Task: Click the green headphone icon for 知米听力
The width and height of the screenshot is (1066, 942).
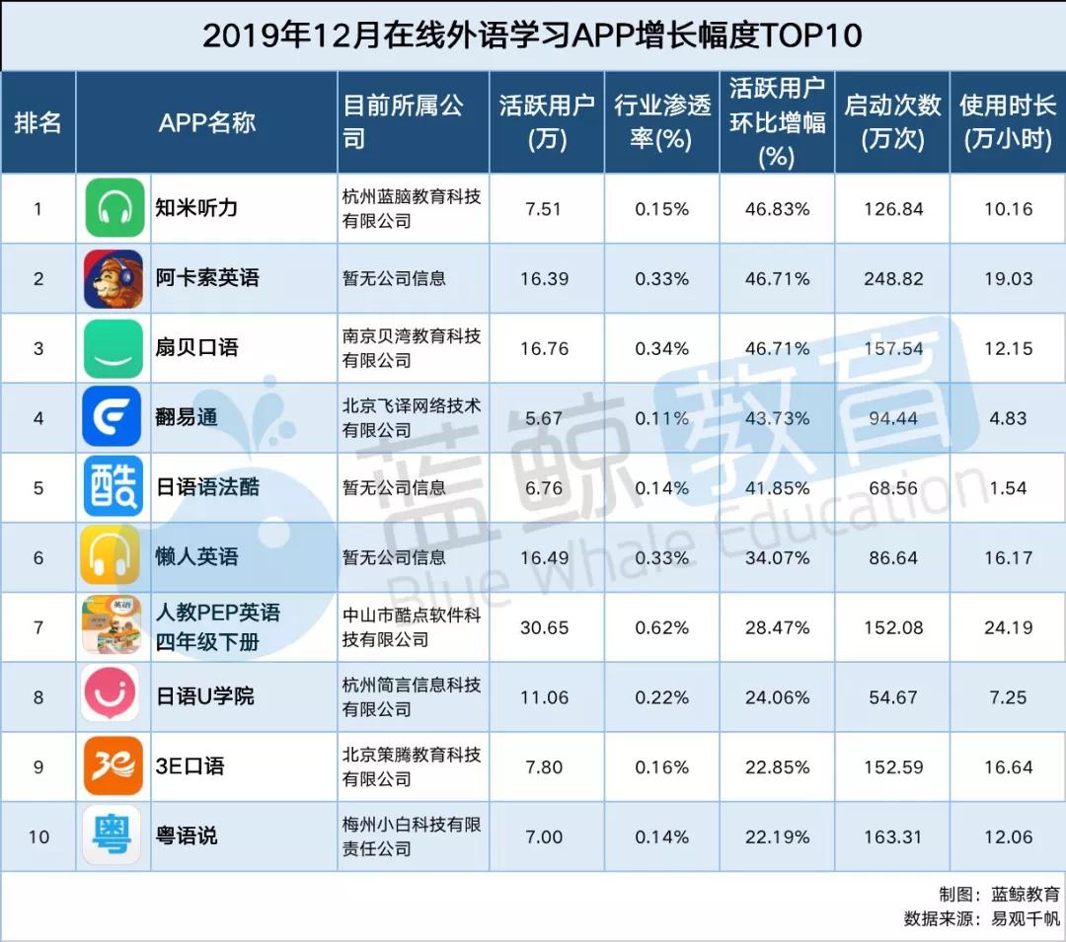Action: click(114, 208)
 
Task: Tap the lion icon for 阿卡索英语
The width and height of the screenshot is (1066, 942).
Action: click(114, 278)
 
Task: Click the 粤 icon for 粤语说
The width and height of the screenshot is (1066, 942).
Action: click(113, 835)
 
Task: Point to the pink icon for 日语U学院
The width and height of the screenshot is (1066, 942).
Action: click(113, 695)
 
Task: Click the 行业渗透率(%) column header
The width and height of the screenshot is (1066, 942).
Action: click(661, 122)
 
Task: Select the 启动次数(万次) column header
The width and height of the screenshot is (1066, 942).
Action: click(892, 122)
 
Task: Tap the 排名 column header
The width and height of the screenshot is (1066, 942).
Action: click(38, 122)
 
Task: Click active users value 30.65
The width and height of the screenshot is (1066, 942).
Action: click(544, 627)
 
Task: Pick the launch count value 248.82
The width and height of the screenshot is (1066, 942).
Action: click(892, 279)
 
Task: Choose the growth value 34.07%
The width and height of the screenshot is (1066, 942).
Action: click(777, 558)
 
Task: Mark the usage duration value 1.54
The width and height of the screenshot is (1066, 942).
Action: click(1008, 488)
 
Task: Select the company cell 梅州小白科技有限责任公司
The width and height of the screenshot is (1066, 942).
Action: click(412, 836)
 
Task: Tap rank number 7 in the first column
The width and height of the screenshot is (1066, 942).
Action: click(38, 627)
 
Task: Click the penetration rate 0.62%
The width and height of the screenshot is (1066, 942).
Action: click(661, 627)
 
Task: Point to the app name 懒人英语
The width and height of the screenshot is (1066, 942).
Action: click(197, 557)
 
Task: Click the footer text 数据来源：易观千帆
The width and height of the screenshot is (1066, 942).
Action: click(982, 919)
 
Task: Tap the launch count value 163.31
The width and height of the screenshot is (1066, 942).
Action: click(892, 837)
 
